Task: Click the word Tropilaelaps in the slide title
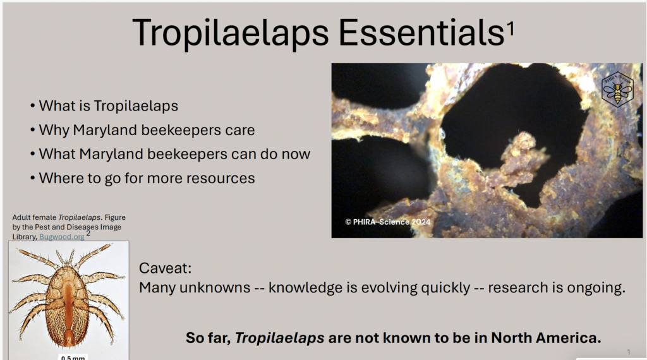tap(231, 33)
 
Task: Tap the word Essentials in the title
tap(421, 32)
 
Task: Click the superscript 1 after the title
tap(511, 28)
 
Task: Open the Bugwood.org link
tap(61, 237)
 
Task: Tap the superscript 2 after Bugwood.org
tap(88, 234)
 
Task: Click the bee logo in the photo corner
tap(617, 90)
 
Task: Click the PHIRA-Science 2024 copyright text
tap(387, 222)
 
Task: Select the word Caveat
tap(165, 268)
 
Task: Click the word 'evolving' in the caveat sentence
tap(389, 287)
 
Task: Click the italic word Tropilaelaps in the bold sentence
tap(279, 338)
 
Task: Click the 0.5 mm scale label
tap(73, 357)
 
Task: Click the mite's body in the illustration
tap(68, 305)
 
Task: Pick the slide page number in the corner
tap(629, 352)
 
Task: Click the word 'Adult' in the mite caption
tap(21, 217)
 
